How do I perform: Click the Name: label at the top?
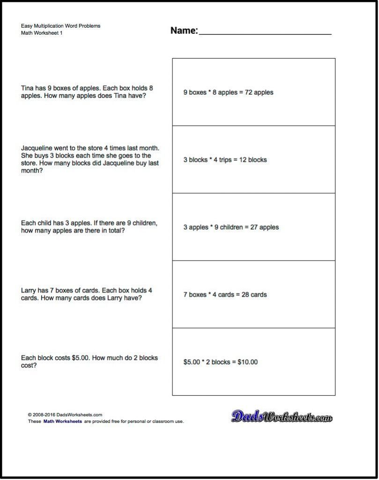(184, 31)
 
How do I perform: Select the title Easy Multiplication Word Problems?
(60, 26)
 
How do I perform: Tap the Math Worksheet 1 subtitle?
(42, 33)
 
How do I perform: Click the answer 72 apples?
(257, 93)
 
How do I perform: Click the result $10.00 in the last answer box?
(247, 362)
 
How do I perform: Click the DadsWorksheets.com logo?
(282, 416)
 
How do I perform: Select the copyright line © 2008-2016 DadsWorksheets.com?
(65, 415)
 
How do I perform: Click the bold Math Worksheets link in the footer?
(62, 421)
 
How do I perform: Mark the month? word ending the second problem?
(32, 171)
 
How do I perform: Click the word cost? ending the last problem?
(29, 366)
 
